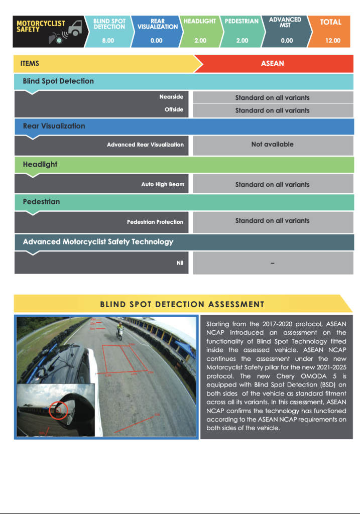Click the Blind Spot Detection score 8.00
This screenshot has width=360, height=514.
(108, 41)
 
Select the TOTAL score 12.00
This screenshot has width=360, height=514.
(332, 41)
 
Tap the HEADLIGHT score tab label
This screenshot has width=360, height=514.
(200, 22)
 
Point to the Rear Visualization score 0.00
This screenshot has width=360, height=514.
(156, 41)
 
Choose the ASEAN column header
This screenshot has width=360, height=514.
(273, 64)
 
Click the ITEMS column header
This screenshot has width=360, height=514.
(30, 64)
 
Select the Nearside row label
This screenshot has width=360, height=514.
(171, 97)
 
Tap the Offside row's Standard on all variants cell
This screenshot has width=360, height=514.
(272, 110)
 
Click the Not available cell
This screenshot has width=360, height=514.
(272, 145)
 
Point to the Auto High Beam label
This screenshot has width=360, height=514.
(163, 185)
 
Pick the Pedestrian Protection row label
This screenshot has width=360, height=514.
(155, 222)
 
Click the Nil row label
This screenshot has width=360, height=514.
(180, 263)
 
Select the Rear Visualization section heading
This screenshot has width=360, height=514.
(54, 126)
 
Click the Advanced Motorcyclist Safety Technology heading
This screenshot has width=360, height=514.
(98, 242)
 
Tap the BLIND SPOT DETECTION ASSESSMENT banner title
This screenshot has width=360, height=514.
(182, 304)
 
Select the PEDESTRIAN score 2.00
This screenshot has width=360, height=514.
(242, 41)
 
